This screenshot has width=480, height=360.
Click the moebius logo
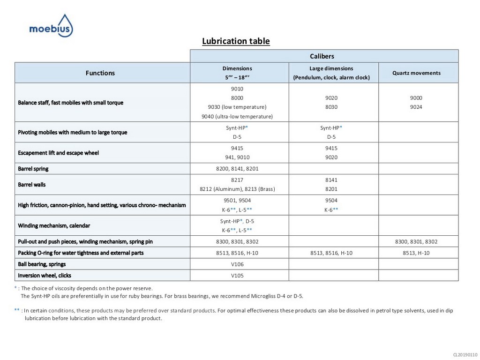point(51,26)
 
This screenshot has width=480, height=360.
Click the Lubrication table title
point(236,41)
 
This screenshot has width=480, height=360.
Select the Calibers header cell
point(323,56)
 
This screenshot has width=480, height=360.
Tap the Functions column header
point(100,73)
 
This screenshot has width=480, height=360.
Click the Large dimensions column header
point(331,73)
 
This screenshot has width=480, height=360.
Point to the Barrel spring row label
point(33,169)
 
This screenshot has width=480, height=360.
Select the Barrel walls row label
point(32,185)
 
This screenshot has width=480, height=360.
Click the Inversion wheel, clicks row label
point(45,276)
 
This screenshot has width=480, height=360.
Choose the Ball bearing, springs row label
point(42,264)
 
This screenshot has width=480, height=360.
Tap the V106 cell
point(237,264)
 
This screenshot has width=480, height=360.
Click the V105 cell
point(237,276)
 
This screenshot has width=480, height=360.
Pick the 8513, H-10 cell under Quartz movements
point(416,253)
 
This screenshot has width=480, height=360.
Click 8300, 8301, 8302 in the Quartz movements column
point(416,242)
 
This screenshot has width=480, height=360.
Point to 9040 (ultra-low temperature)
point(237,116)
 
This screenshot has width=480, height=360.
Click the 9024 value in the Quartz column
point(416,107)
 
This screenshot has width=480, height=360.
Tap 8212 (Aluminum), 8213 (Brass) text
point(237,189)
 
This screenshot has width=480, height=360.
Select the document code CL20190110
point(465,355)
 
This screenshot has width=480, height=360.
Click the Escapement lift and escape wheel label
point(59,153)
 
